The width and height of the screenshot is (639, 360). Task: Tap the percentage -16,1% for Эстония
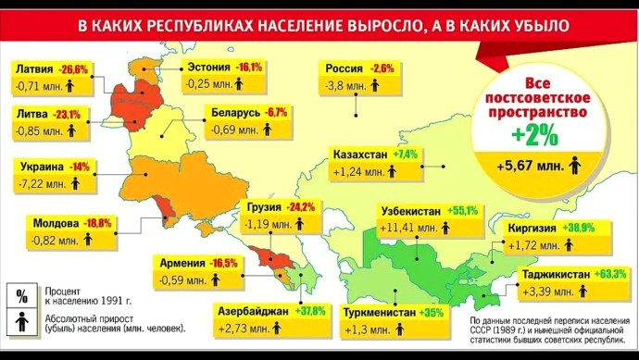point(250,68)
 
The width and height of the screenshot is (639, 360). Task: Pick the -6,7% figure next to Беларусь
point(276,113)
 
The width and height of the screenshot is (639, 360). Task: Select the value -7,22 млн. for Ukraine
point(39,185)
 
